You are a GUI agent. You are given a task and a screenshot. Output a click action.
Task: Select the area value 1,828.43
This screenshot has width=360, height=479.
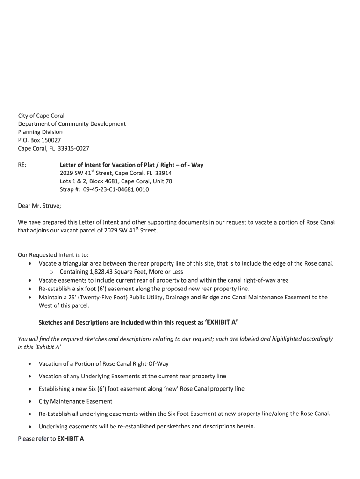[x=102, y=272]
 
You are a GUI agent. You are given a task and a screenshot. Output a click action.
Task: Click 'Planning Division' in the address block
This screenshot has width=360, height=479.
[x=40, y=132]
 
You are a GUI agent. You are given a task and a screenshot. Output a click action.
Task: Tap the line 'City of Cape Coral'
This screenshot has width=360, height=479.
[x=41, y=116]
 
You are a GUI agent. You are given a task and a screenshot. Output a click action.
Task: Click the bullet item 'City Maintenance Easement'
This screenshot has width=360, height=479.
[x=75, y=401]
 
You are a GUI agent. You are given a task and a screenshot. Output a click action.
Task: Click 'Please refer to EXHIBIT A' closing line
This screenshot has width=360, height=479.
[x=50, y=439]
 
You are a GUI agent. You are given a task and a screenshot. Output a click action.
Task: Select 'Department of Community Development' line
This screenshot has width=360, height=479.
[x=72, y=124]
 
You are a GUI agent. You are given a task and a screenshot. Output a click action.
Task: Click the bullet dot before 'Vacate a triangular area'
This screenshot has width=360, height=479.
[x=30, y=264]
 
